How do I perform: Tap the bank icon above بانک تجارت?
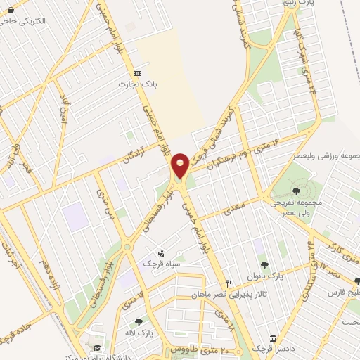pyautogui.click(x=137, y=73)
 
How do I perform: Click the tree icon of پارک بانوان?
pyautogui.click(x=264, y=265)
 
